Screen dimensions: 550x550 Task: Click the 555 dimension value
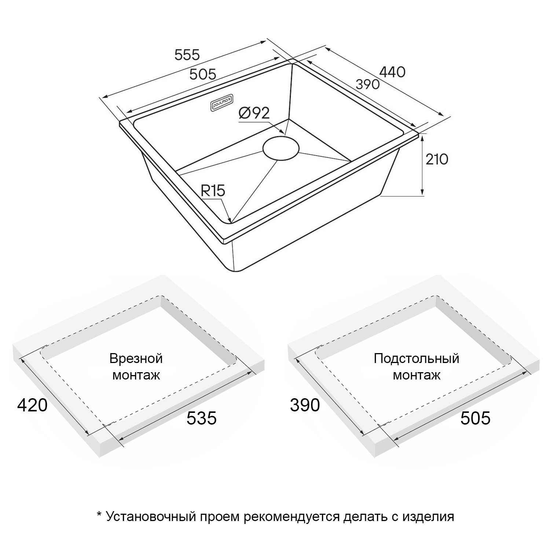point(187,55)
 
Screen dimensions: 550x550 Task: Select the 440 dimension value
point(392,72)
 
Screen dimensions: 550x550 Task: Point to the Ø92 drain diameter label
point(254,113)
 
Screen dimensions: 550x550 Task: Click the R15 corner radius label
point(213,191)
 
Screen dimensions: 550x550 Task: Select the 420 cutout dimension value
point(32,405)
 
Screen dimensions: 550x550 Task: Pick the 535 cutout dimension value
point(202,418)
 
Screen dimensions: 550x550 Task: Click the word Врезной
point(136,358)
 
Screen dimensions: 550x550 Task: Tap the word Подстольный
point(417,358)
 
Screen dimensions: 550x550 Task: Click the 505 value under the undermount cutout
point(475,418)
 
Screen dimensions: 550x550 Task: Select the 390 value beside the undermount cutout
point(305,405)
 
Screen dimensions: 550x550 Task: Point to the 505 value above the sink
point(203,74)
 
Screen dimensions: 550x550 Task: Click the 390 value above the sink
point(368,84)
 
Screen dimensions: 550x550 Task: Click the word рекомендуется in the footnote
point(292,517)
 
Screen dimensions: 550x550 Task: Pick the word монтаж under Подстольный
point(417,375)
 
